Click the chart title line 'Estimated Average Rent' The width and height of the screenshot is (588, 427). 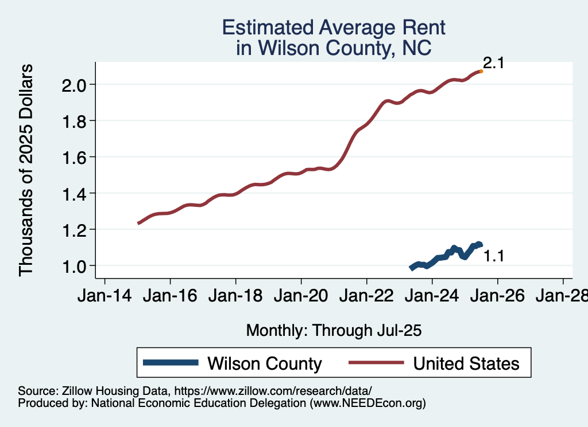[334, 28]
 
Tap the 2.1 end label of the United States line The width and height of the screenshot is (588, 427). [493, 63]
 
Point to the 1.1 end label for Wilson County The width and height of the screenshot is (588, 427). [493, 256]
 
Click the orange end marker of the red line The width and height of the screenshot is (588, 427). [481, 71]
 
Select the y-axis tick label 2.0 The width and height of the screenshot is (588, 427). [73, 85]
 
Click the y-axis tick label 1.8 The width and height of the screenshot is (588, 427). [73, 121]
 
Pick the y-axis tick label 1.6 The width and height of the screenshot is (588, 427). [73, 157]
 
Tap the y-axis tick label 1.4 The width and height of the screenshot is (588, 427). [73, 193]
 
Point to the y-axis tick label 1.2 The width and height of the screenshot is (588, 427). [73, 229]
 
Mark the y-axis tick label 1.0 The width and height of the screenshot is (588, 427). [73, 265]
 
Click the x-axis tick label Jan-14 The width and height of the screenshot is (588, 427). [105, 296]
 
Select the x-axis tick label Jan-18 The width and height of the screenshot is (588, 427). [235, 296]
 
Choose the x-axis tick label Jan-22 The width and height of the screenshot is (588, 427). [366, 296]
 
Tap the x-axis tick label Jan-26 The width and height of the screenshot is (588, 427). [497, 296]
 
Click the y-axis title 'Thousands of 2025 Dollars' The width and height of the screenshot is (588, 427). [26, 170]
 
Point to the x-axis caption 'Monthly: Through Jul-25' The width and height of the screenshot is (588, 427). [334, 330]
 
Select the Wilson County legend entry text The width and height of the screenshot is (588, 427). [265, 363]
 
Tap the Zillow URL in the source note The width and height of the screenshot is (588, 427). [273, 390]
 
